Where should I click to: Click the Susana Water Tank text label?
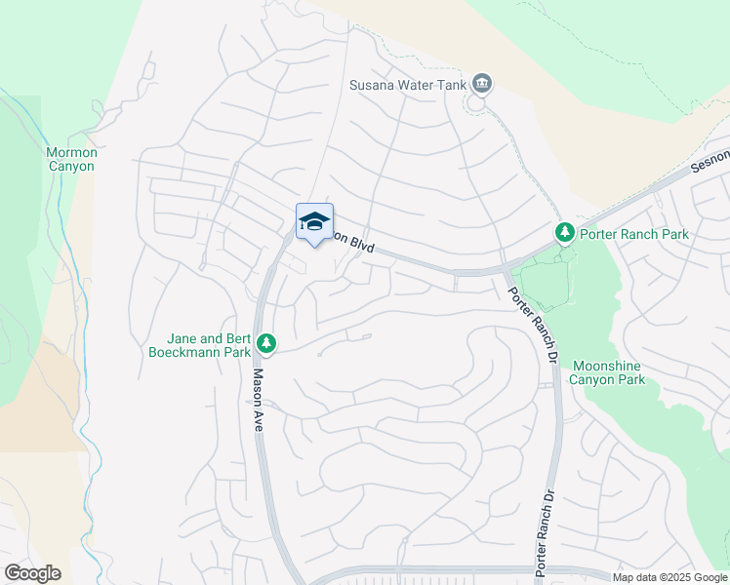pos(408,84)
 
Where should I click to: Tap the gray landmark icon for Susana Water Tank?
pos(480,84)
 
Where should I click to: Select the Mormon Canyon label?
pos(70,159)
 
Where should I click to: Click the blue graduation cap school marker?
pos(314,223)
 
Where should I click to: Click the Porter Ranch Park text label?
pos(633,234)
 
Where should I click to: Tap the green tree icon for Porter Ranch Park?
pos(564,233)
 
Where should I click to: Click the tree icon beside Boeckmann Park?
pos(266,344)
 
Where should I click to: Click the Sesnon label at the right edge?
pos(710,161)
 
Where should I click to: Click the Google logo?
pos(32,573)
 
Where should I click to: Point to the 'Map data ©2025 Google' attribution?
pos(669,577)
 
